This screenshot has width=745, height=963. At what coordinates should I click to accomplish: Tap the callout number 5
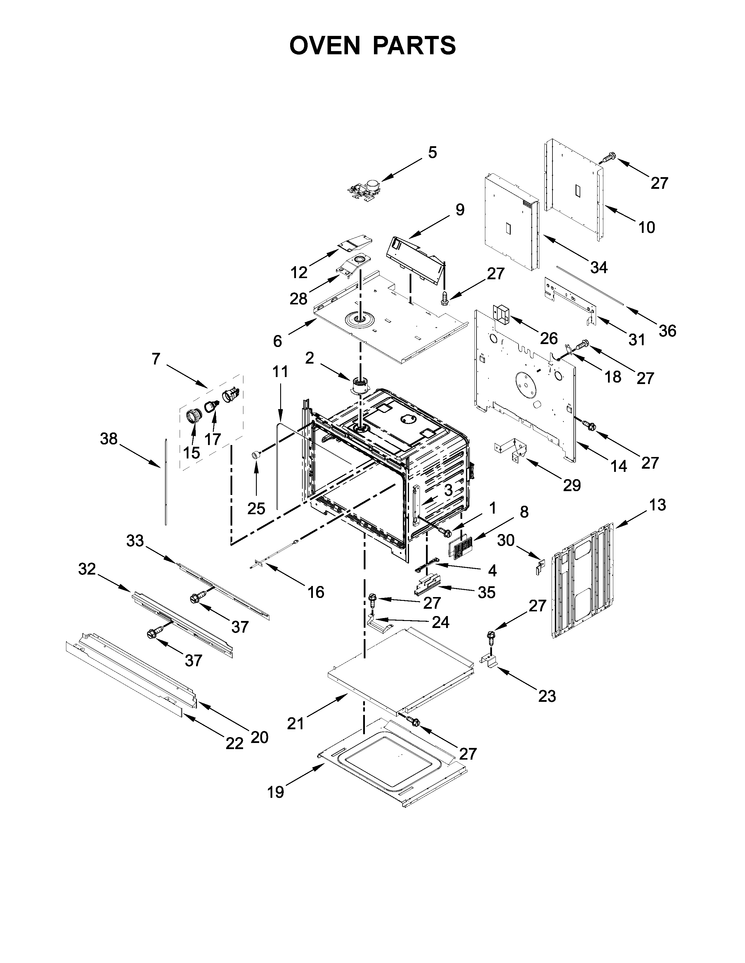432,153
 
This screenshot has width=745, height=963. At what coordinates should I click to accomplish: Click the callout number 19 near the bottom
276,792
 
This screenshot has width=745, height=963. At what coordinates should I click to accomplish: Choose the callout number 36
667,330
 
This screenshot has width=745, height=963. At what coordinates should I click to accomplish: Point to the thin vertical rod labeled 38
165,481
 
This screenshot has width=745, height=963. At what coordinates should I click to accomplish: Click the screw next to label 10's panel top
609,156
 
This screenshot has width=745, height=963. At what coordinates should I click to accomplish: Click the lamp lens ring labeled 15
193,415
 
